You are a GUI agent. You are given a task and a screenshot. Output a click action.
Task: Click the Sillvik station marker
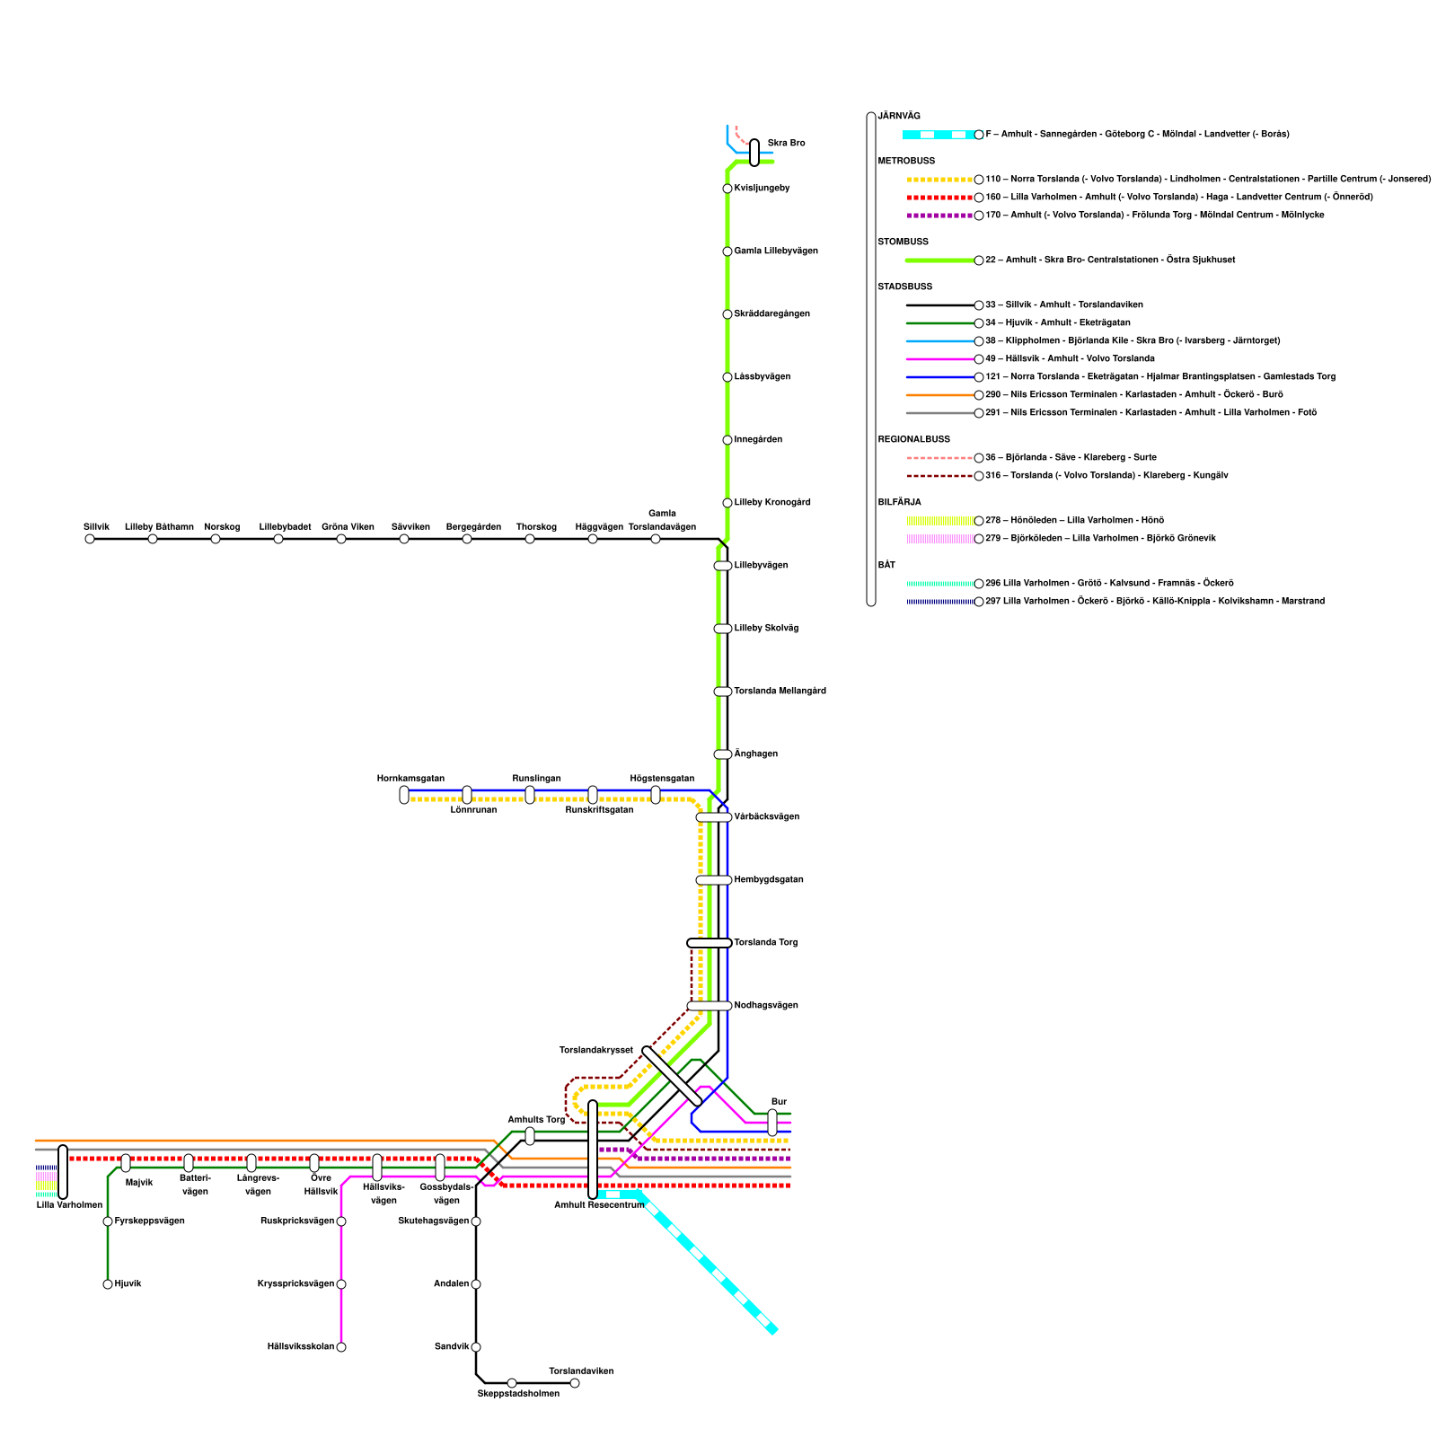click(x=90, y=539)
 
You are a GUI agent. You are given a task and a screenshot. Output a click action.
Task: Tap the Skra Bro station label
click(x=786, y=144)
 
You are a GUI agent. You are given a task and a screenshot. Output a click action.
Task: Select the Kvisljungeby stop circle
click(x=727, y=189)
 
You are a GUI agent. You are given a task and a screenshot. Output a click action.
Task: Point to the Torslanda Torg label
click(x=765, y=943)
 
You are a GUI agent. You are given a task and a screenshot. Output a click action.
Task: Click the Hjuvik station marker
click(x=108, y=1284)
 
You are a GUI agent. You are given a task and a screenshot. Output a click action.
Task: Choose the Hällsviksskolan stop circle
click(x=341, y=1347)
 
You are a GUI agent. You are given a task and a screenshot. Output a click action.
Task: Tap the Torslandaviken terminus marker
click(x=575, y=1383)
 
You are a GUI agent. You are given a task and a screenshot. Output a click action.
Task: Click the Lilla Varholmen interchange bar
click(x=63, y=1172)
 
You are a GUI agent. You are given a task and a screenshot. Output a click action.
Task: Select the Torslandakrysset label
click(x=595, y=1051)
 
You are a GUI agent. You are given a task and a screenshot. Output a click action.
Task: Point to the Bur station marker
click(x=772, y=1123)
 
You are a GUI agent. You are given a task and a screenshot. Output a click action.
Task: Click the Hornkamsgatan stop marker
click(x=404, y=795)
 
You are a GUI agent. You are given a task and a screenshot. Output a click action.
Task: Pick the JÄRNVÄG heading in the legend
click(x=899, y=117)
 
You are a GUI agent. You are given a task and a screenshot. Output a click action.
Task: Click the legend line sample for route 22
click(x=939, y=260)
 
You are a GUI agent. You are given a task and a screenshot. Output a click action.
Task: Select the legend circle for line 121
click(x=979, y=377)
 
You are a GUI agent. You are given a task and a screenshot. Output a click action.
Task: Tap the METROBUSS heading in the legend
click(x=906, y=162)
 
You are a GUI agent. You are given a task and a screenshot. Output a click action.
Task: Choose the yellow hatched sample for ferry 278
click(x=939, y=521)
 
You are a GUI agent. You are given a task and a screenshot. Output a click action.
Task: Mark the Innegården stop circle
click(x=727, y=440)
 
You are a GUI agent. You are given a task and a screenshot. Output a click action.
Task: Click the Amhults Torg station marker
click(x=530, y=1136)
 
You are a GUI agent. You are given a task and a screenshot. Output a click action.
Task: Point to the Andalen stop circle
click(x=476, y=1284)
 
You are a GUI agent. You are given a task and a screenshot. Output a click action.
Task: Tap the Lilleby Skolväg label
click(x=766, y=629)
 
